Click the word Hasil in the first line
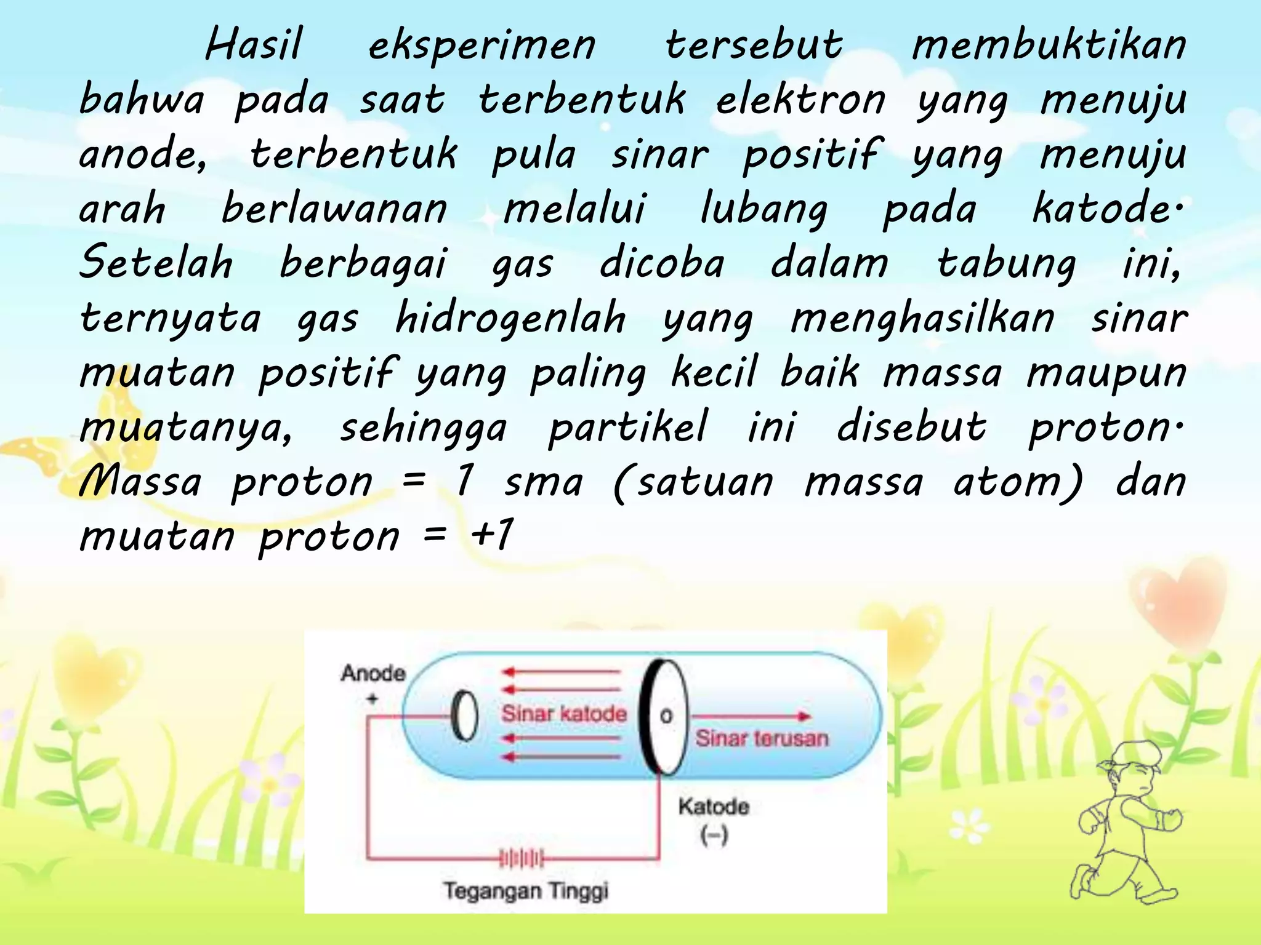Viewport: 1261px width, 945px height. [254, 45]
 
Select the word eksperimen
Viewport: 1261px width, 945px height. [482, 46]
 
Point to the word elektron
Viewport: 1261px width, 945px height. [800, 100]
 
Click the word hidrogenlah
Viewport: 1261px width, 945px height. [510, 318]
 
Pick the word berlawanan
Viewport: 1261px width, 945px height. [334, 209]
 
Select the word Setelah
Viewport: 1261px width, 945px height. [156, 263]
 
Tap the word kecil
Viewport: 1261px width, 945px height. [714, 372]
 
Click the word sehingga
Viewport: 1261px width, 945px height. [424, 428]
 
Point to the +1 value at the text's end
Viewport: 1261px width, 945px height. [491, 535]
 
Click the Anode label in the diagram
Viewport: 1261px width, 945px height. [373, 673]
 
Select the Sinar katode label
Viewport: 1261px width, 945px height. [564, 714]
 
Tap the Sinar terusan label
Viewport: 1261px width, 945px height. [762, 738]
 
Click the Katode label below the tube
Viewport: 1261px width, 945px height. [714, 807]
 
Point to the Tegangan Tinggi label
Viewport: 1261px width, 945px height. [526, 890]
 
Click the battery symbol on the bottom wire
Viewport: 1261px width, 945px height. [521, 858]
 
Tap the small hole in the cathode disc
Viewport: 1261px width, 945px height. [666, 716]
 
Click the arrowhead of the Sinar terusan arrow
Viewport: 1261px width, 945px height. [804, 716]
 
